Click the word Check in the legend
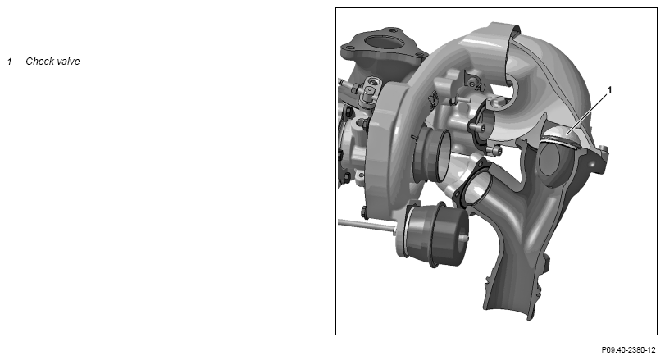tap(40, 61)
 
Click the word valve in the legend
tap(68, 61)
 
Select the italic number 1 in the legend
tap(9, 61)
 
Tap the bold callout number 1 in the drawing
tap(610, 90)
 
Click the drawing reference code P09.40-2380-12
tap(628, 350)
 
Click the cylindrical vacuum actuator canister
tap(434, 235)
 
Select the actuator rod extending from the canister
tap(366, 226)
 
